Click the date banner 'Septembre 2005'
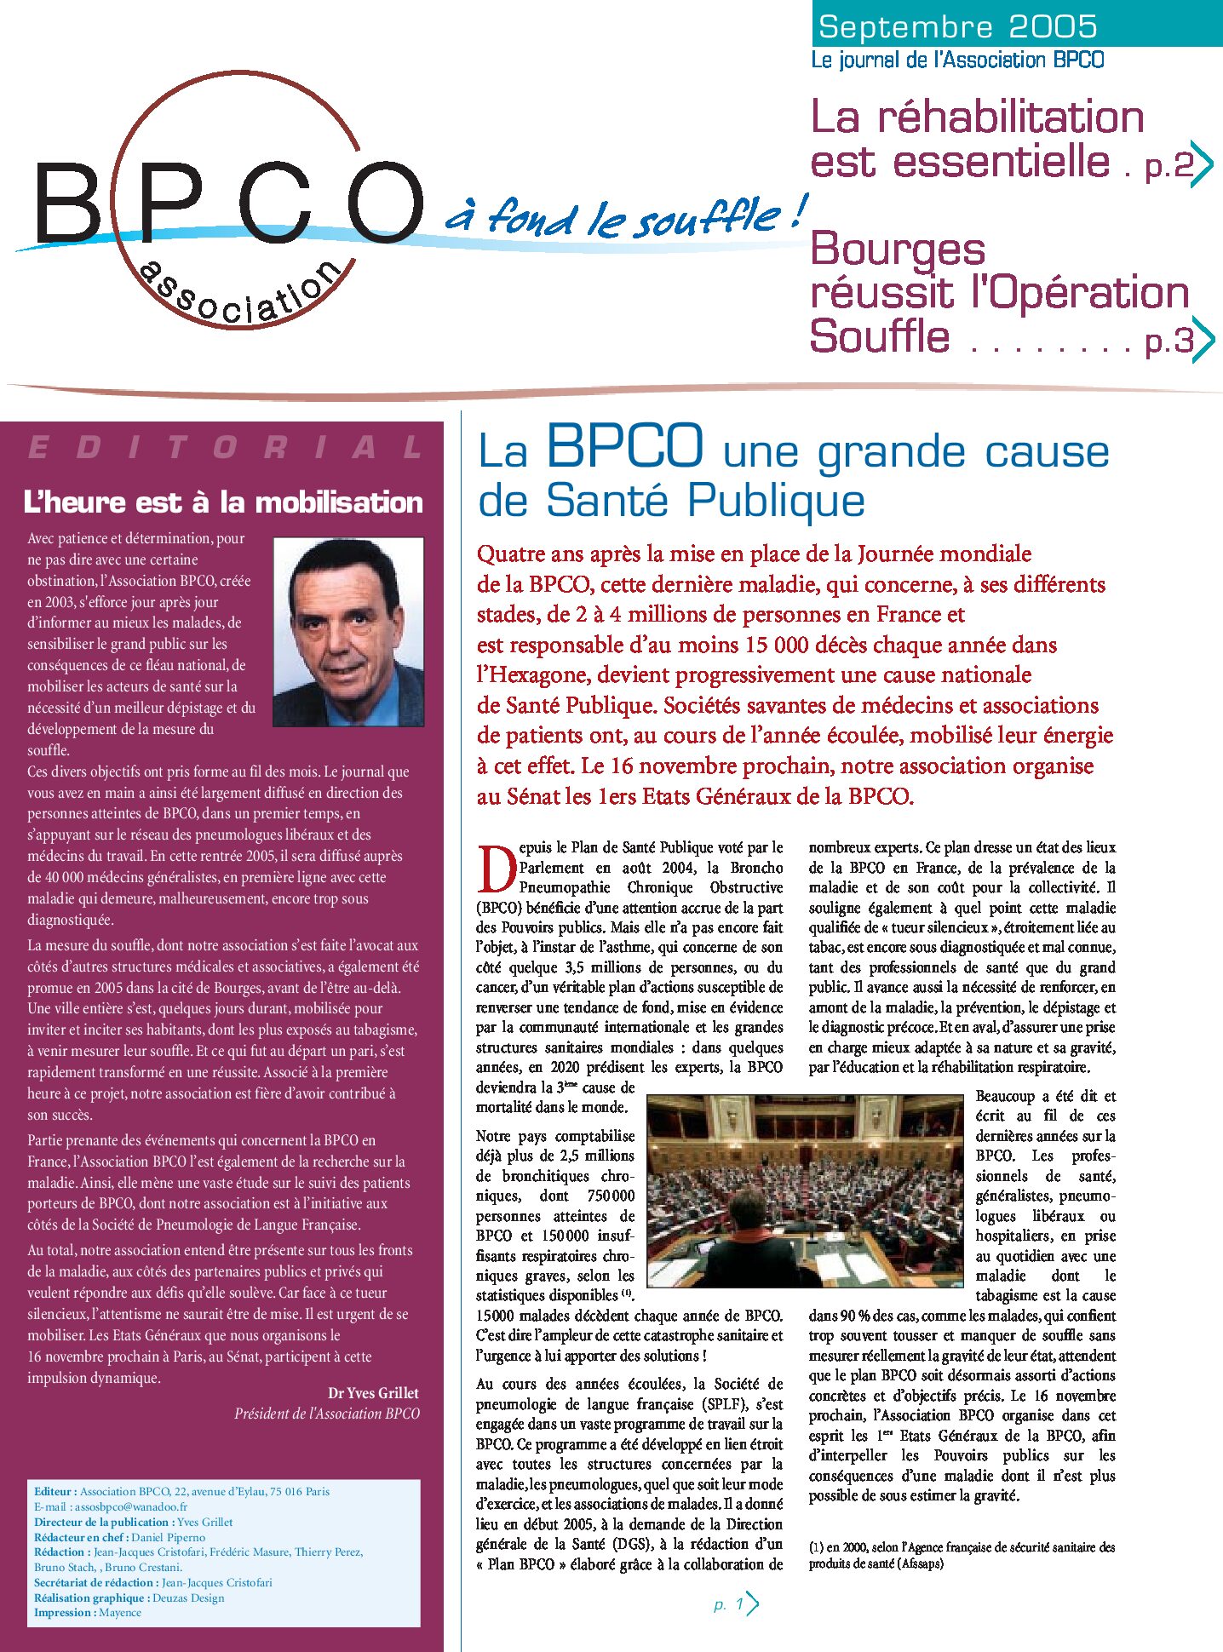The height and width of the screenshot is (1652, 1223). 957,27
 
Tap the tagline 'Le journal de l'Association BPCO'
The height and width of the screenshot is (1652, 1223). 957,60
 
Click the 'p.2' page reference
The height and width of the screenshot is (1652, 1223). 1169,165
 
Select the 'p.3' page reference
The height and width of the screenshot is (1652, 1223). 1169,341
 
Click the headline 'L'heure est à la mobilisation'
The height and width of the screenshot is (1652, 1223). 223,502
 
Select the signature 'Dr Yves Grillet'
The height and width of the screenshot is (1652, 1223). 373,1393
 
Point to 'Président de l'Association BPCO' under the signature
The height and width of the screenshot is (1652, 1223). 327,1414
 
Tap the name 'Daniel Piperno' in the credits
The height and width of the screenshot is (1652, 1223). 169,1537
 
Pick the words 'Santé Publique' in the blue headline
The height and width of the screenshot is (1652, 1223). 705,500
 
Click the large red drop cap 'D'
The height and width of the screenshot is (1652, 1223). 496,869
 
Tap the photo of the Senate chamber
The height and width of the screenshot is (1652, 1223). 805,1190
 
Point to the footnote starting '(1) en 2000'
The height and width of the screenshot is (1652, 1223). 962,1554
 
